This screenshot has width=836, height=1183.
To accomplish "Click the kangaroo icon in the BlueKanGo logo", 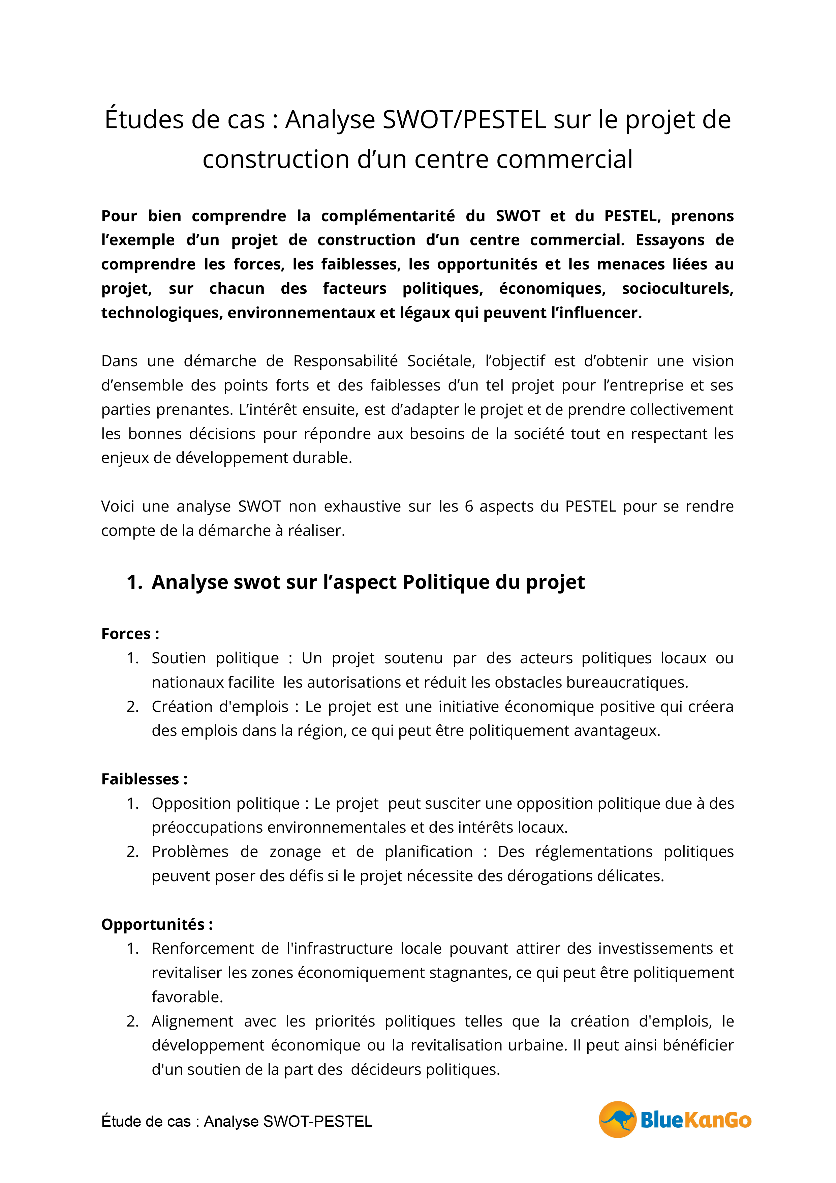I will pos(617,1119).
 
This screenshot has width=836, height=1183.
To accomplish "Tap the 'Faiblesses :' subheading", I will pos(144,779).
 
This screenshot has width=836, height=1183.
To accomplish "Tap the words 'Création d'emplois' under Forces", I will pos(220,706).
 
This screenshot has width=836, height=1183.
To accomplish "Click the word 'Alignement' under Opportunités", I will pos(192,1021).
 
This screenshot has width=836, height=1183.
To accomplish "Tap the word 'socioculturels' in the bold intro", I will pos(677,289).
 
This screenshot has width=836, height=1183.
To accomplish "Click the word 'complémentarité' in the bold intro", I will pos(388,216).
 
